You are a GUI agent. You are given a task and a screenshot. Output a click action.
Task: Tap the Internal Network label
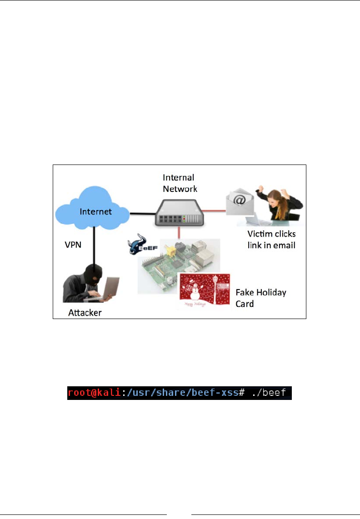coord(180,182)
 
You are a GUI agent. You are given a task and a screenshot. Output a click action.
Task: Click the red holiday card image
coord(203,290)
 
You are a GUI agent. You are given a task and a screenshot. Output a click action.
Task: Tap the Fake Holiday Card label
coord(260,297)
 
